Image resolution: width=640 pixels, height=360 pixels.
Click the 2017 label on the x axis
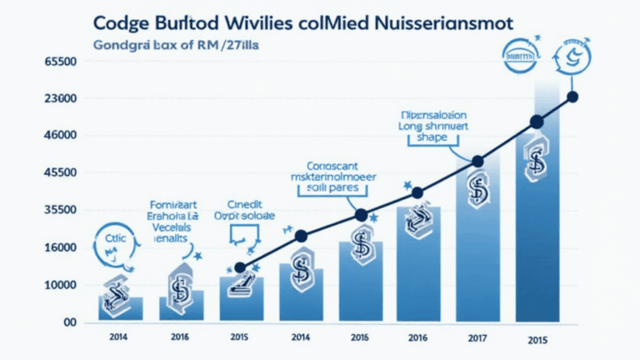coord(477,339)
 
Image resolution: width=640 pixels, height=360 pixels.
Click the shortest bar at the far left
coord(121,308)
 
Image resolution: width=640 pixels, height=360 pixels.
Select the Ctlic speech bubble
coord(113,238)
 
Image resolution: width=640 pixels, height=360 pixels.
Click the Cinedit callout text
coord(247,202)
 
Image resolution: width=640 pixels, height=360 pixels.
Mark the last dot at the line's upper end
coord(572,97)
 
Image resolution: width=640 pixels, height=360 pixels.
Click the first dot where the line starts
coord(240,267)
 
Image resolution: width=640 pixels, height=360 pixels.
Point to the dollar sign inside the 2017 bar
coord(477,191)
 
